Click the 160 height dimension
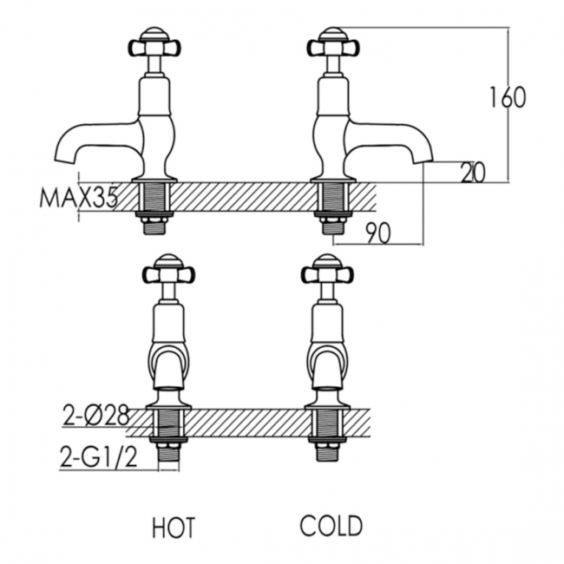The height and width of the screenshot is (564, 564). (x=508, y=97)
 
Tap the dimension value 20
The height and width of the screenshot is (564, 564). (x=472, y=173)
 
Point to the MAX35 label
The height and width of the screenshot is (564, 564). (x=79, y=199)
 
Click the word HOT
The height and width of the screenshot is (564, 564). (x=173, y=527)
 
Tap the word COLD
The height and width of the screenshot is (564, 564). (x=331, y=526)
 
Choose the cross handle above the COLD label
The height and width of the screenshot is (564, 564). (x=326, y=272)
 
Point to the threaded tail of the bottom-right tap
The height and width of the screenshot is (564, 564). (x=326, y=434)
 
